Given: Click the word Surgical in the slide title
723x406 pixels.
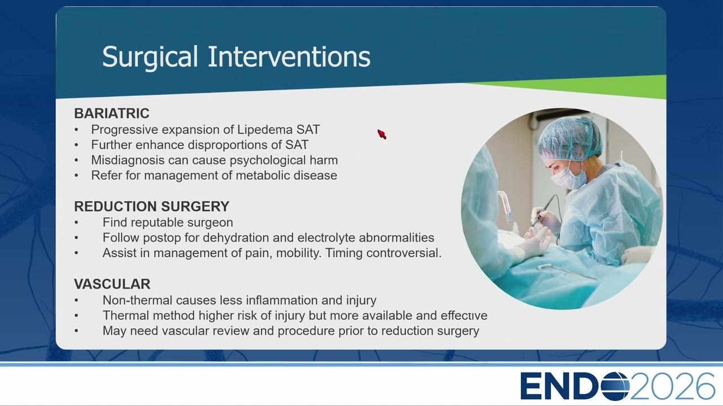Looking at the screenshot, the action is pos(150,58).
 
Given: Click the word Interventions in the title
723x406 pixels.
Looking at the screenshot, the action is pos(289,56).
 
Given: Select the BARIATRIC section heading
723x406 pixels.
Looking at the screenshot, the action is pos(112,113).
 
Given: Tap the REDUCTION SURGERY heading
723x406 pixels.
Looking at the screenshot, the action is pos(152,206).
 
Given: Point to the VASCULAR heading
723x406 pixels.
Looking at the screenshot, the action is pos(112,284).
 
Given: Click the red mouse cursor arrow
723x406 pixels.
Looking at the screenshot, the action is pos(381,134).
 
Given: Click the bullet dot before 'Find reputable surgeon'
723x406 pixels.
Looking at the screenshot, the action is pos(76,223).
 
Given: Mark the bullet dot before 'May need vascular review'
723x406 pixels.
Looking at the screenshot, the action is pos(76,331).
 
